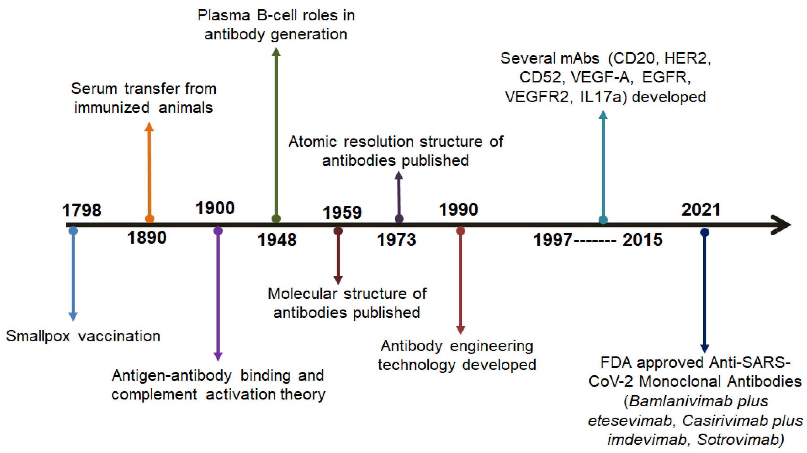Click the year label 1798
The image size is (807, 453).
(82, 210)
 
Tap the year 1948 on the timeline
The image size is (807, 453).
(277, 240)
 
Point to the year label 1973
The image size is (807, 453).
(396, 240)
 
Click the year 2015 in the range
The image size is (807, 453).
(642, 240)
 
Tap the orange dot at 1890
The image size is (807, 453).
(150, 218)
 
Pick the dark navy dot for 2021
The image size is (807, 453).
(705, 232)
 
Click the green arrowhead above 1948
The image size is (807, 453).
(276, 52)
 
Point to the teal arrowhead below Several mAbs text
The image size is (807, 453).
(603, 115)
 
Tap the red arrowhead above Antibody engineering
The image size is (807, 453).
(461, 330)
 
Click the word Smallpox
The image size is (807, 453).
(38, 336)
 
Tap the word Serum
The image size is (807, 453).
(94, 89)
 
